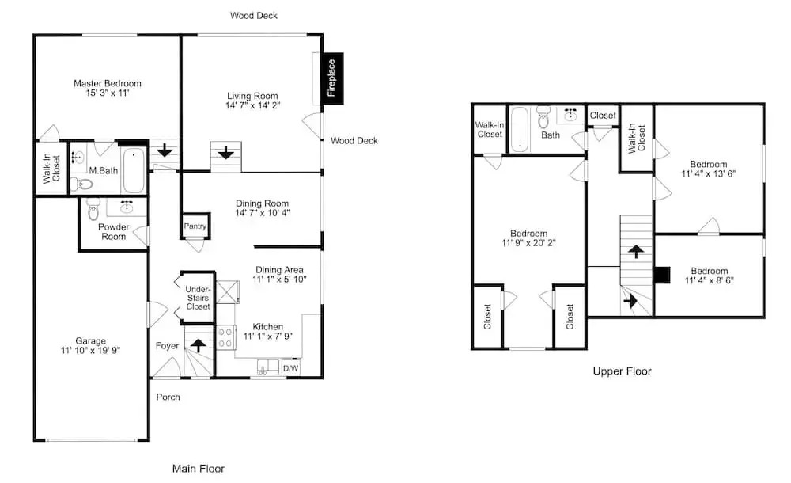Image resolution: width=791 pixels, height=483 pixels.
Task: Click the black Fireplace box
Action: point(333,78)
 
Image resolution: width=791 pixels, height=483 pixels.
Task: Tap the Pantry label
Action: point(195,226)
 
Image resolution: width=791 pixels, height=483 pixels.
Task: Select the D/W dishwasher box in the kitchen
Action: point(290,368)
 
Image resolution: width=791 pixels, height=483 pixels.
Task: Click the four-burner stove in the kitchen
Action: point(225,337)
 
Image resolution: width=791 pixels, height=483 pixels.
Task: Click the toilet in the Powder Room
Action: point(93,210)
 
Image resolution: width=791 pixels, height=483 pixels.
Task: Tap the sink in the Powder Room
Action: point(126,206)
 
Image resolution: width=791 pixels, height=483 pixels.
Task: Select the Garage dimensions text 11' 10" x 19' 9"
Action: point(91,350)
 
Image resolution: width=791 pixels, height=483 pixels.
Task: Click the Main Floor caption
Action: point(199,469)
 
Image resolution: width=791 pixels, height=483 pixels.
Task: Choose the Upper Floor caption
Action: point(622,371)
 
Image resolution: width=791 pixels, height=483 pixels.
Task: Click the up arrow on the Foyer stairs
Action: point(199,345)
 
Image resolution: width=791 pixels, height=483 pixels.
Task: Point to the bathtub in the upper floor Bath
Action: point(519,129)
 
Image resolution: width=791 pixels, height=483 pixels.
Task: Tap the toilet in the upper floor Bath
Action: point(543,117)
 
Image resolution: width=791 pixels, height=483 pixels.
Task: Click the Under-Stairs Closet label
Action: point(198,298)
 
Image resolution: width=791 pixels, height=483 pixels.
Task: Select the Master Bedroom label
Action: point(108,83)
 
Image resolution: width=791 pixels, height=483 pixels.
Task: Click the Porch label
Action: point(168,397)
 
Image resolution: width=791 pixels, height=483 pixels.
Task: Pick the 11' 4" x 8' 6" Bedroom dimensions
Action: point(710,280)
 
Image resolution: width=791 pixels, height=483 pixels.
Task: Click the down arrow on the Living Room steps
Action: point(225,151)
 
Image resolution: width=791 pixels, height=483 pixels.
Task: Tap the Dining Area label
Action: point(279,270)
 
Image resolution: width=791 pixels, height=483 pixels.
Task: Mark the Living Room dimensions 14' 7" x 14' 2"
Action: point(253,105)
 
